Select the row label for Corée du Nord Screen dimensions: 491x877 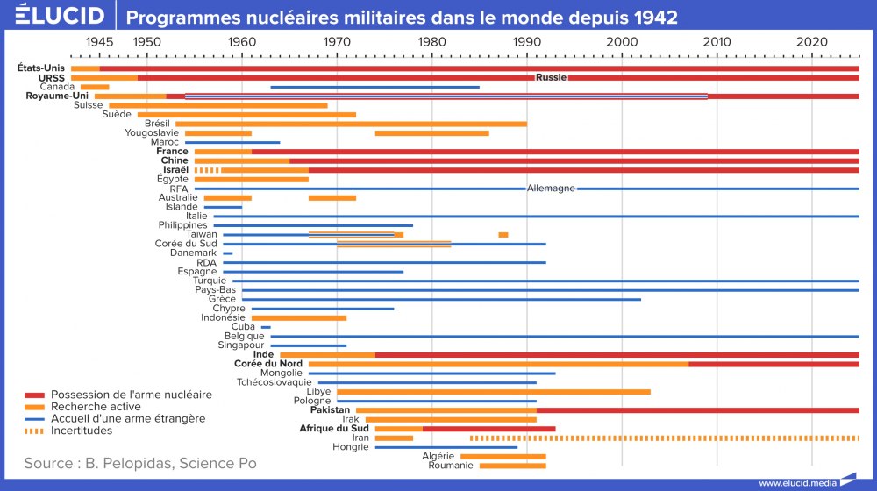coord(268,364)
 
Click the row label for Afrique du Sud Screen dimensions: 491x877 coord(335,429)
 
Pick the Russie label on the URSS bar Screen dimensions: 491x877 coord(551,77)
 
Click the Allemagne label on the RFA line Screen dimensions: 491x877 coord(551,189)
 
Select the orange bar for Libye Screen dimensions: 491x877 coord(494,392)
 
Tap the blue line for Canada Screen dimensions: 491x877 coord(374,87)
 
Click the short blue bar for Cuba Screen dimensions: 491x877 coord(266,327)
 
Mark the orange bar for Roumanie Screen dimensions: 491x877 coord(512,466)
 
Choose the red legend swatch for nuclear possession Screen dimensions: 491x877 coord(34,395)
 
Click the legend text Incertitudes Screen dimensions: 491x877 coord(82,431)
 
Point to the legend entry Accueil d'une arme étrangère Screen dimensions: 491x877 coord(128,419)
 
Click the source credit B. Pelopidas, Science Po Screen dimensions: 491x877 coord(140,462)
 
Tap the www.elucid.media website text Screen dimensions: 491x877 coord(796,482)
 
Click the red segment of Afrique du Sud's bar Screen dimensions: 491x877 coord(488,429)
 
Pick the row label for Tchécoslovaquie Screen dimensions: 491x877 coord(274,382)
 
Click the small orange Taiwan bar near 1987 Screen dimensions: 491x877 coord(503,235)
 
